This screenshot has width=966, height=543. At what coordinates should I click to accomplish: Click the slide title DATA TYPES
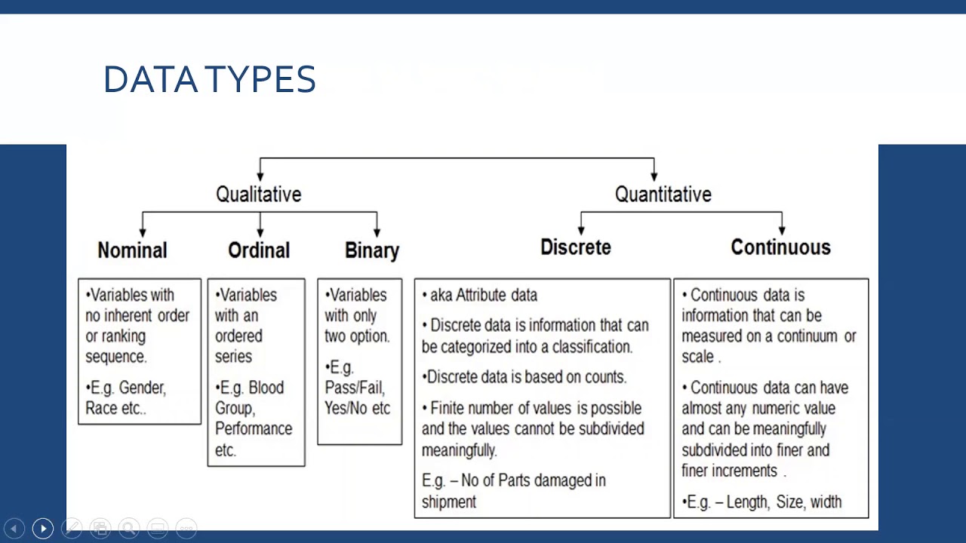pos(209,79)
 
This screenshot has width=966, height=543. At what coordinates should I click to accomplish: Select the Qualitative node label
pos(258,195)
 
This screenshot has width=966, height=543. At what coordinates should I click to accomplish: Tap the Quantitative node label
pos(663,195)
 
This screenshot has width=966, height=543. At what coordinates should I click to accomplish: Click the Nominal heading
pos(132,250)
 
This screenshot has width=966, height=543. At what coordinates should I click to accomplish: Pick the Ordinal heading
pos(259,250)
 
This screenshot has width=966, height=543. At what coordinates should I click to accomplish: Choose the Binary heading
pos(372,250)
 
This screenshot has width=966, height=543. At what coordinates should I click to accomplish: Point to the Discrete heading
pos(575,247)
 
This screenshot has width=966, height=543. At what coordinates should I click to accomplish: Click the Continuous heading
pos(780,247)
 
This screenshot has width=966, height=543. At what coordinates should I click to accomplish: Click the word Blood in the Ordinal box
pos(266,388)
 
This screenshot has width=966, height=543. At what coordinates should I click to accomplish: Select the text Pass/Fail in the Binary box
pos(355,388)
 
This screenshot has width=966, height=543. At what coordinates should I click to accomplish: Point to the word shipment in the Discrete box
pos(449,502)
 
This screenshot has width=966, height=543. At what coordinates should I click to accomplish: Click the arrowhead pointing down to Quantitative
pos(654,176)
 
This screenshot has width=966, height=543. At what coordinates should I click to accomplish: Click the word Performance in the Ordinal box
pos(254,428)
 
